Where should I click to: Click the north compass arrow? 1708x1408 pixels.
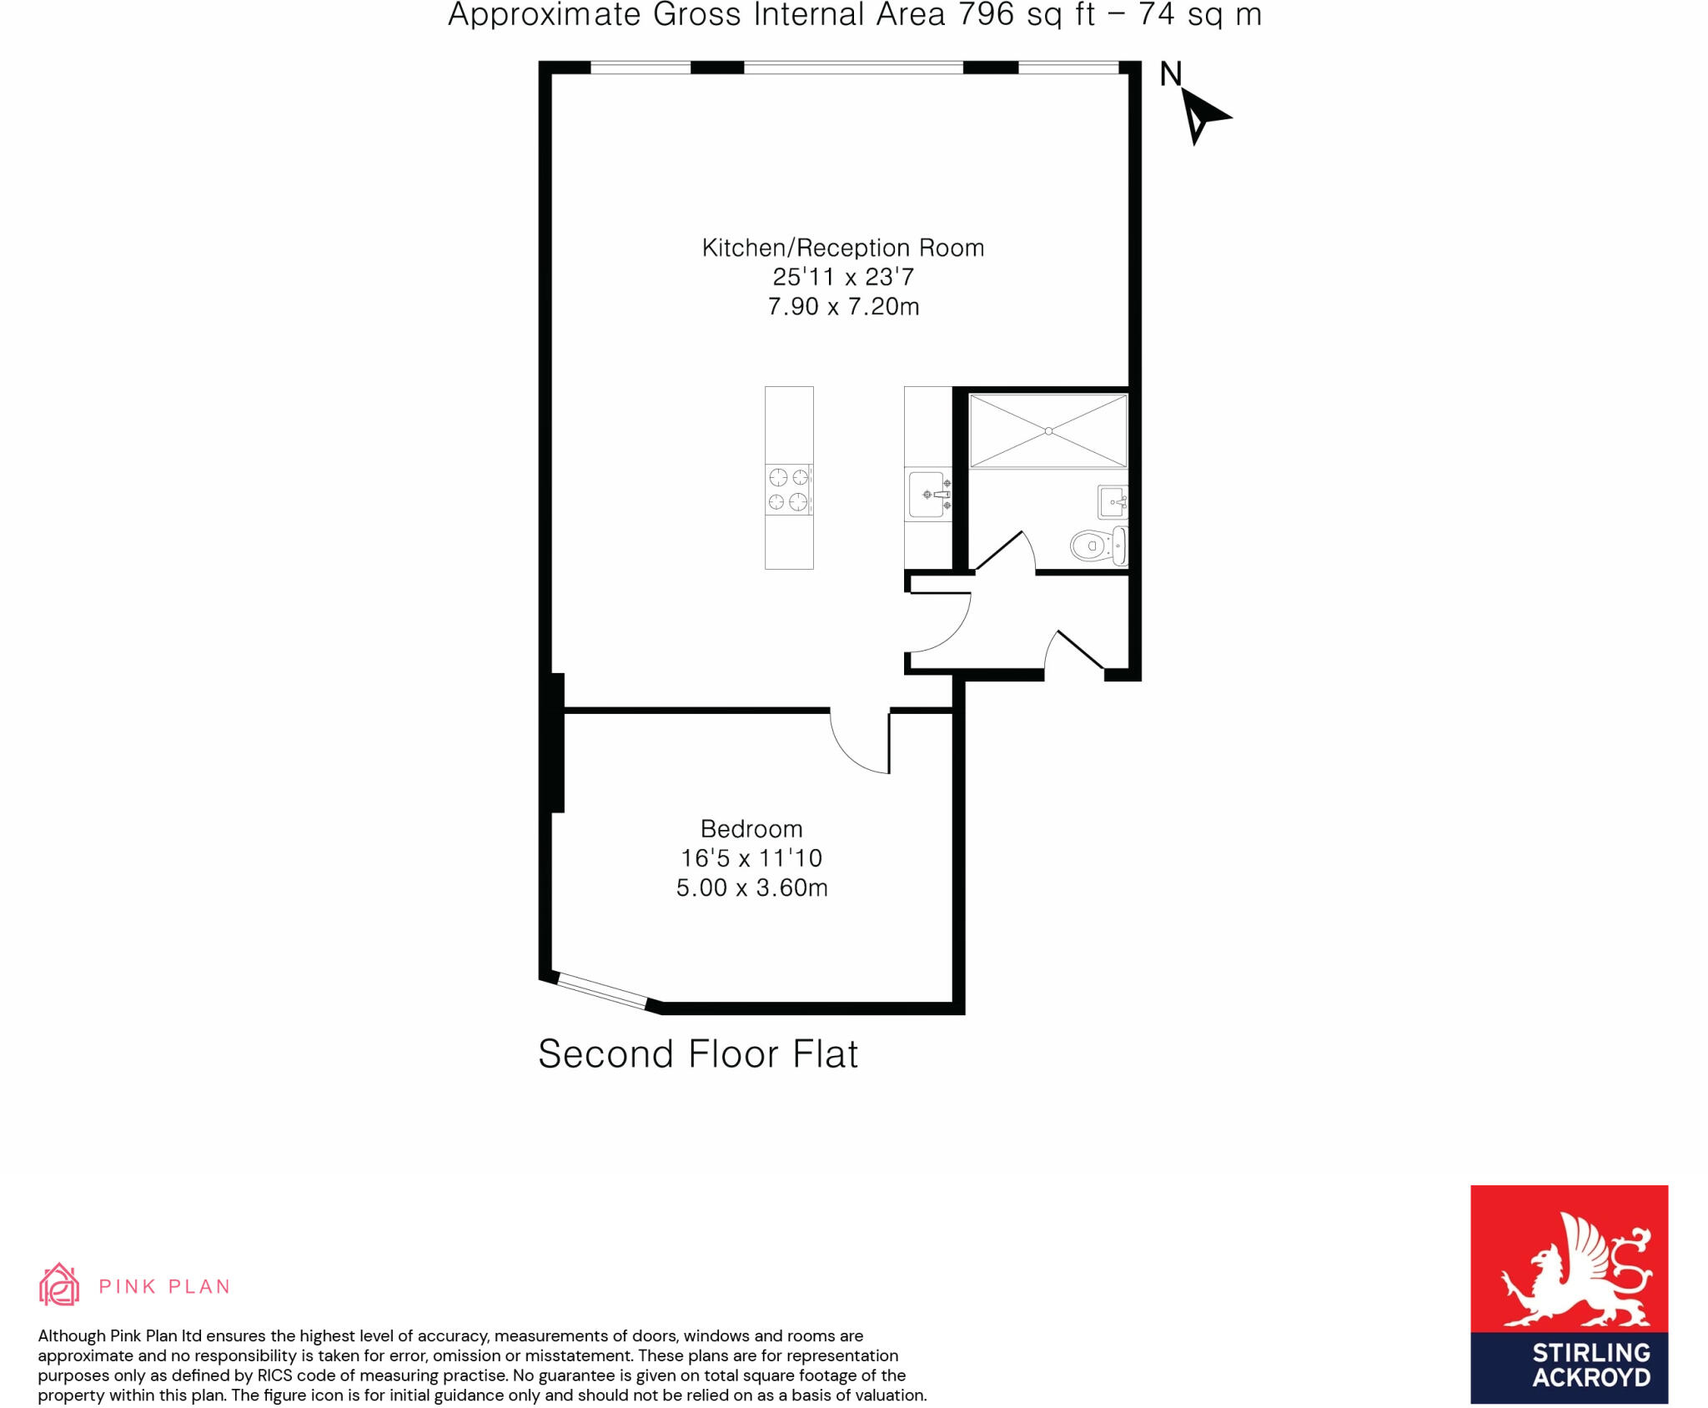tap(1202, 116)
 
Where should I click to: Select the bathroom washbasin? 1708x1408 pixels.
tap(1113, 502)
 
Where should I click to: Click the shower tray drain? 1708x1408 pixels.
tap(1048, 431)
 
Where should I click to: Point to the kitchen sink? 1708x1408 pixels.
tap(927, 495)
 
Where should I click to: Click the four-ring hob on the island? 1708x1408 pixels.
tap(788, 490)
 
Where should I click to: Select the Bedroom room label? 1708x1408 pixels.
tap(751, 829)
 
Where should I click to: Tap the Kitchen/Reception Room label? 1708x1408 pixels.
tap(843, 248)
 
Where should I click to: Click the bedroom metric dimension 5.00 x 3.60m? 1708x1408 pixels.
tap(751, 888)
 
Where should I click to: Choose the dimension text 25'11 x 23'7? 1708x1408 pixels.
tap(843, 277)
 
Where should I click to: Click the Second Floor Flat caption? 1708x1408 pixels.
tap(698, 1054)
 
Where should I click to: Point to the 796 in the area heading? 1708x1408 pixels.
tap(986, 15)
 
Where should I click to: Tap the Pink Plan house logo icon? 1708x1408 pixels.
tap(59, 1285)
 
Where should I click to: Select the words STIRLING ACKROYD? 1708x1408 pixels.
tap(1591, 1365)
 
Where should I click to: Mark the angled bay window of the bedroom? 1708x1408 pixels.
tap(601, 992)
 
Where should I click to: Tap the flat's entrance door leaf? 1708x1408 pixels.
tap(1081, 651)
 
